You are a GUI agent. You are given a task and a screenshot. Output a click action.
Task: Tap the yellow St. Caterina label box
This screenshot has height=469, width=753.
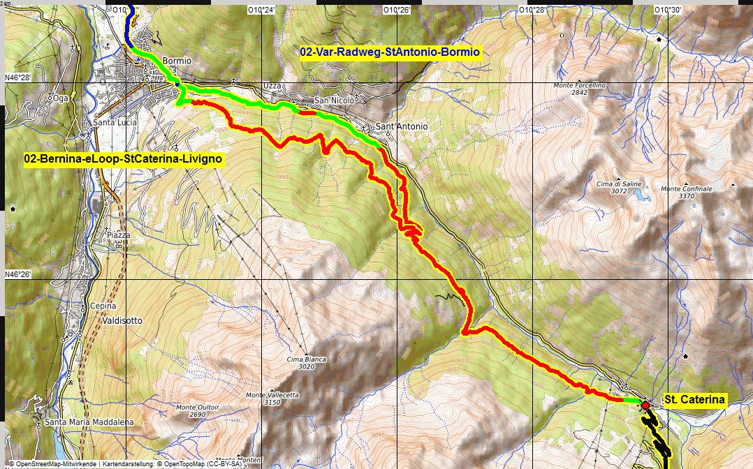coord(694,400)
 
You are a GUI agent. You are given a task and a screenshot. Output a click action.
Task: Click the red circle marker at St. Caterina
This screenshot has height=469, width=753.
coord(645,405)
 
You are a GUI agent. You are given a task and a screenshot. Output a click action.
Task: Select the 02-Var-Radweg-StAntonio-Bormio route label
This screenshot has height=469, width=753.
coord(390,52)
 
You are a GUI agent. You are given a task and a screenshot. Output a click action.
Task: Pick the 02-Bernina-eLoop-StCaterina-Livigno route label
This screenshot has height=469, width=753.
coord(123,159)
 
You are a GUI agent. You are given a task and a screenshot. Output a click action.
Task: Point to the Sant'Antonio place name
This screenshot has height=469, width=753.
coord(402,127)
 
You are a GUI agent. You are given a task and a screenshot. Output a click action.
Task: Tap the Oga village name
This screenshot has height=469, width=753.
coord(61,98)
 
